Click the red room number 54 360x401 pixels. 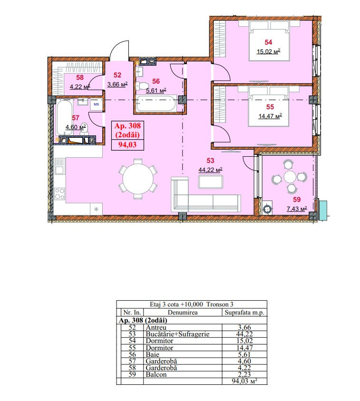click(268, 42)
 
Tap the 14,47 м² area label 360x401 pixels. click(270, 116)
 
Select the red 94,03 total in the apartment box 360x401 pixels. click(127, 145)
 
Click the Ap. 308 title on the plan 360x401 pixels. click(127, 125)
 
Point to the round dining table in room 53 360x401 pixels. click(138, 179)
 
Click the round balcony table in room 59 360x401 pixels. click(290, 176)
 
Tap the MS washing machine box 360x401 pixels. click(96, 105)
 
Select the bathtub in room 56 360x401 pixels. click(156, 103)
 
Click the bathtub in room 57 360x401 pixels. click(64, 117)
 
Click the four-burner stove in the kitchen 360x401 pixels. click(59, 194)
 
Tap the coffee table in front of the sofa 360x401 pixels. click(211, 182)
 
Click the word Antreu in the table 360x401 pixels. click(156, 327)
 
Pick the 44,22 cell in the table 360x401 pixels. click(244, 334)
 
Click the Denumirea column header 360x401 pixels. click(183, 312)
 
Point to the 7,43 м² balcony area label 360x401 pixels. click(297, 209)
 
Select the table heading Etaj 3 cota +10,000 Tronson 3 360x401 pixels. click(192, 305)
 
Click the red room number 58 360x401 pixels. click(80, 77)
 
